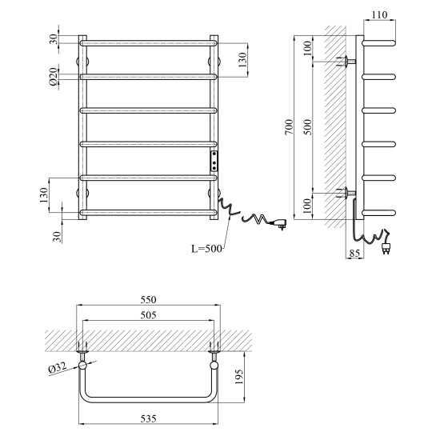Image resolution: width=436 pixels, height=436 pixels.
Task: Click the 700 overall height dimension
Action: (289, 127)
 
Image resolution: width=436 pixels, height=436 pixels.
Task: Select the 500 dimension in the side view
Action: (307, 127)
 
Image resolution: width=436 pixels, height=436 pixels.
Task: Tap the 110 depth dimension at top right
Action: (379, 14)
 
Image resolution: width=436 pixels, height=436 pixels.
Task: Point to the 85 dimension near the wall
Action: (354, 253)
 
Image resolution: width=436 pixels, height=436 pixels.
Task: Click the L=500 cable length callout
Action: (207, 248)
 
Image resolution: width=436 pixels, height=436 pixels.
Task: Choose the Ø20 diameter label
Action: (54, 77)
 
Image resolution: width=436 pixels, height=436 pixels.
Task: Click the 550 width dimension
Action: (148, 299)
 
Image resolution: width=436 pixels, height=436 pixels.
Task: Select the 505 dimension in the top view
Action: (148, 314)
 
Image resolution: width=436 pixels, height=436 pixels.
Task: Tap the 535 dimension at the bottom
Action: (148, 418)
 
